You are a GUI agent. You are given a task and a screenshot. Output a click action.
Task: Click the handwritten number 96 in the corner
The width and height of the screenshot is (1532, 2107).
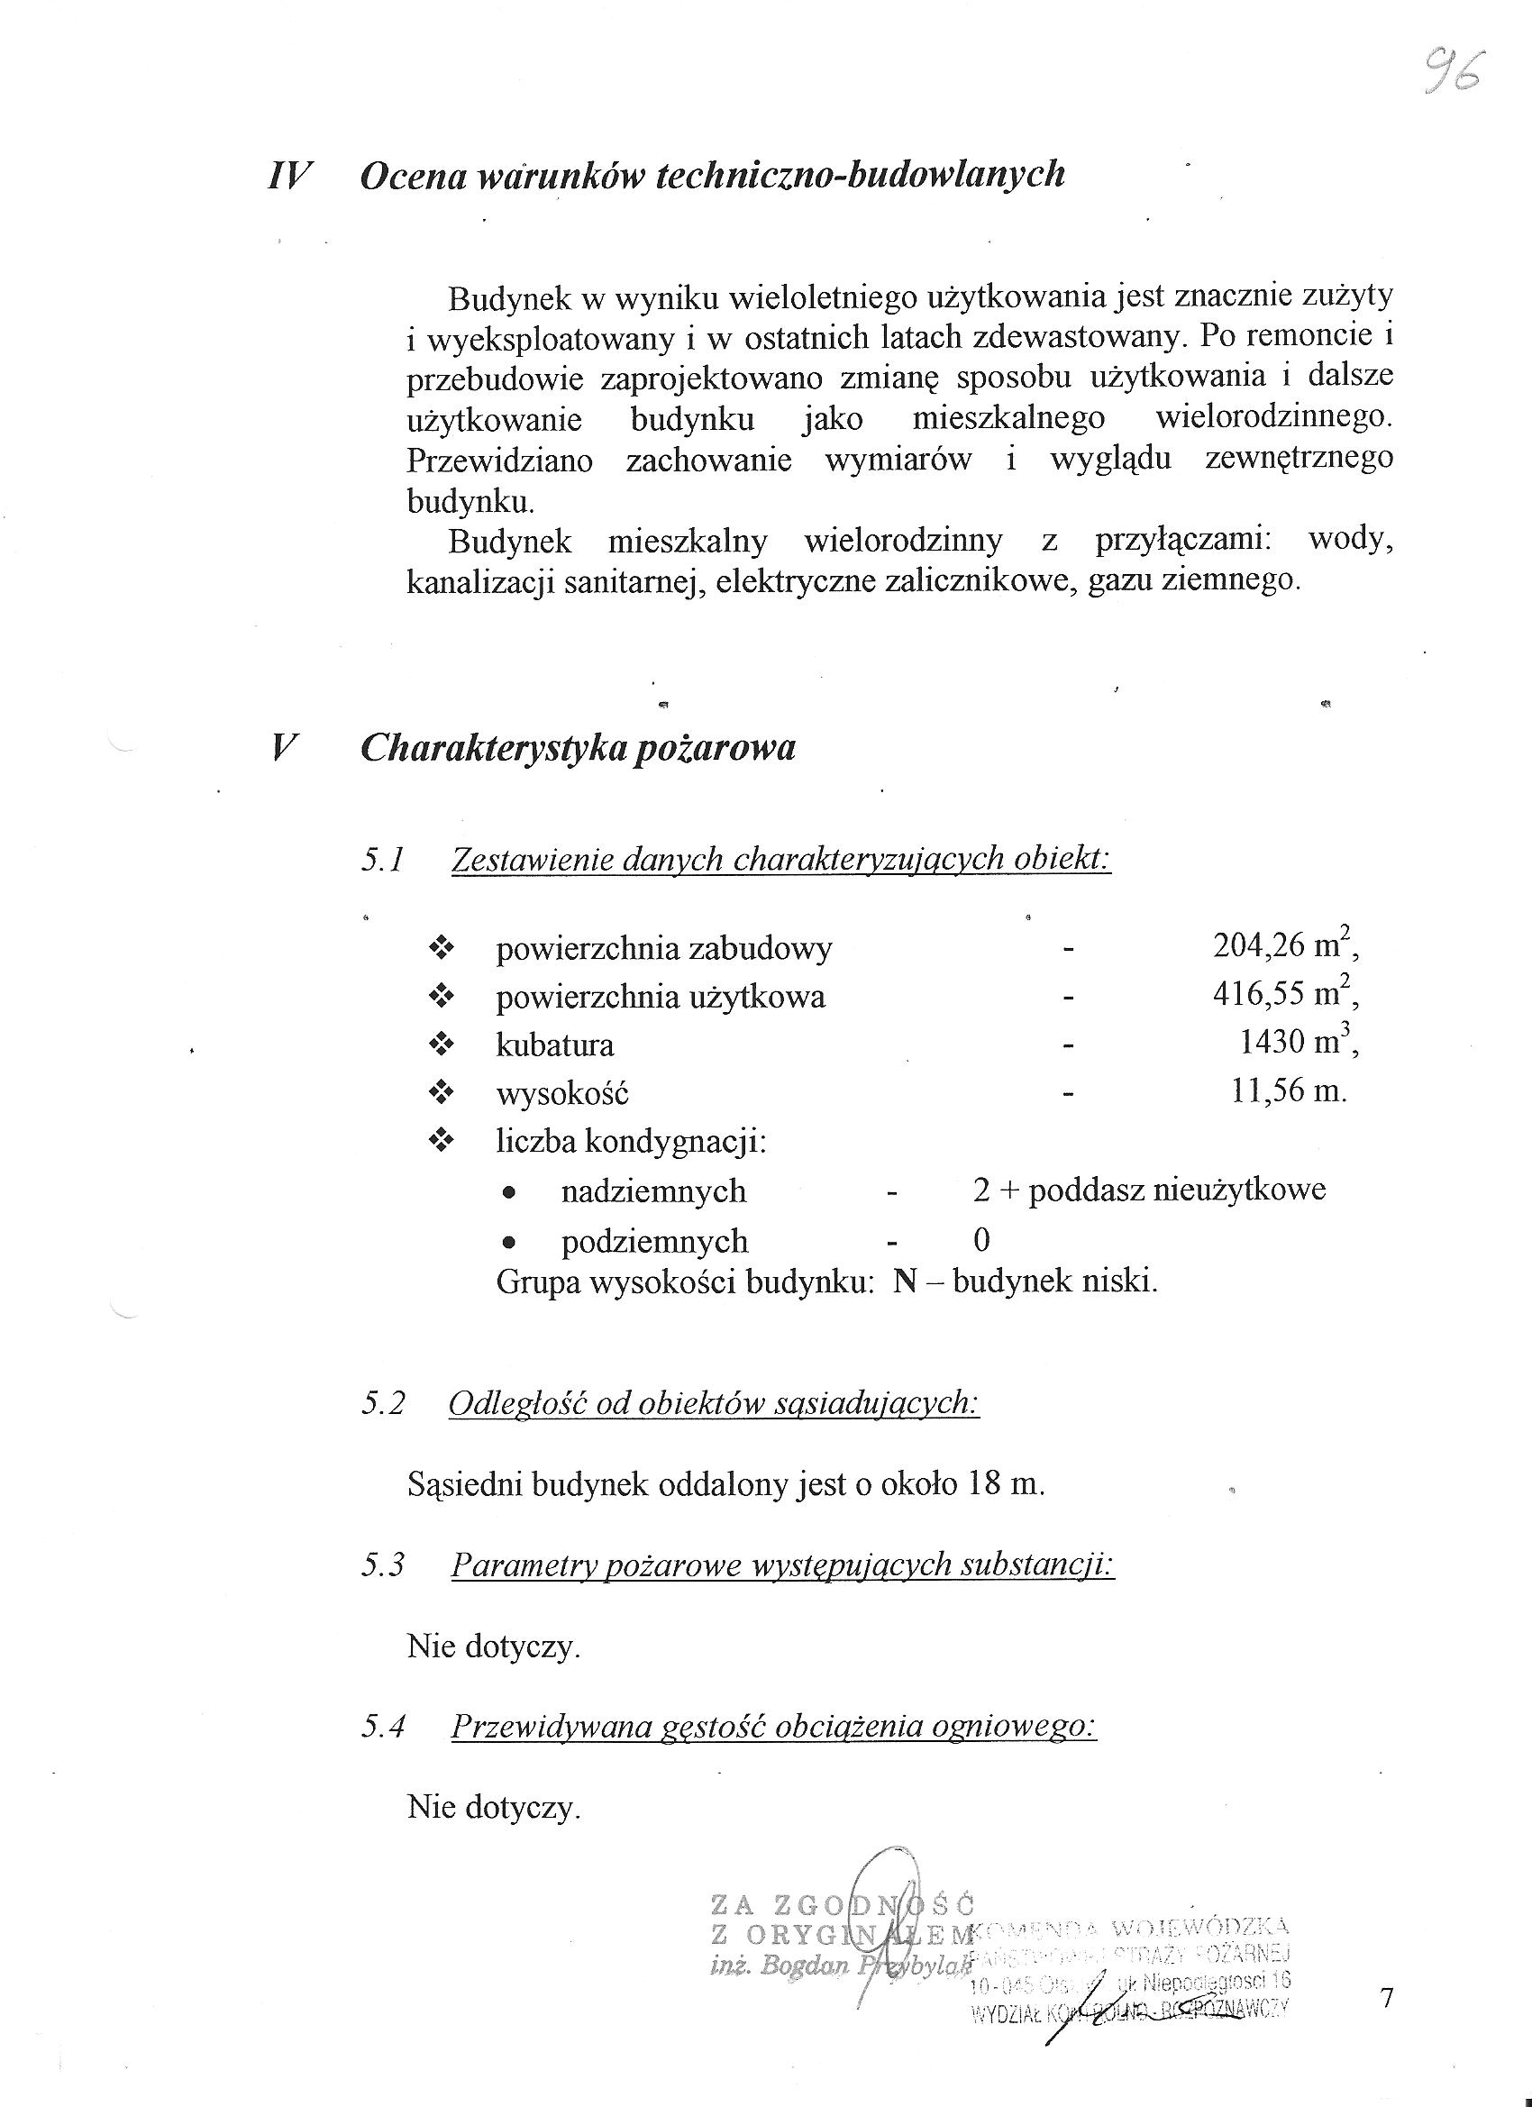tap(1454, 70)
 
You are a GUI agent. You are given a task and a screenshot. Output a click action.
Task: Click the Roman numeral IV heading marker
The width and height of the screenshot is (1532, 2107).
tap(288, 175)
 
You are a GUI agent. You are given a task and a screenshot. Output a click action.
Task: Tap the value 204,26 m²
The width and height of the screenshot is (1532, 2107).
tap(1284, 946)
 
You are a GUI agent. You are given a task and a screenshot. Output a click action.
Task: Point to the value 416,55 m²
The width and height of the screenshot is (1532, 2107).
tap(1284, 995)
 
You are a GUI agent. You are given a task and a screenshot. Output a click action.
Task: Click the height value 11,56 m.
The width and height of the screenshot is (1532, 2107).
tap(1288, 1090)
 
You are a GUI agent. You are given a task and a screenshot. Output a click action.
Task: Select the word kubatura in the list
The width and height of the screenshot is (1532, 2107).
tap(554, 1045)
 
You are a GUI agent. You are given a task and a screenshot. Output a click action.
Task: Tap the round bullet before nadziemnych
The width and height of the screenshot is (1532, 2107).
tap(507, 1192)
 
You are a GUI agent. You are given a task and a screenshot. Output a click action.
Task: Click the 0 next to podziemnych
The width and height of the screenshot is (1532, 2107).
tap(981, 1240)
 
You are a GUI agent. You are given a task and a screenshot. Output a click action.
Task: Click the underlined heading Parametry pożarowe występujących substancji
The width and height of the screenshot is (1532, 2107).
tap(782, 1565)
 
